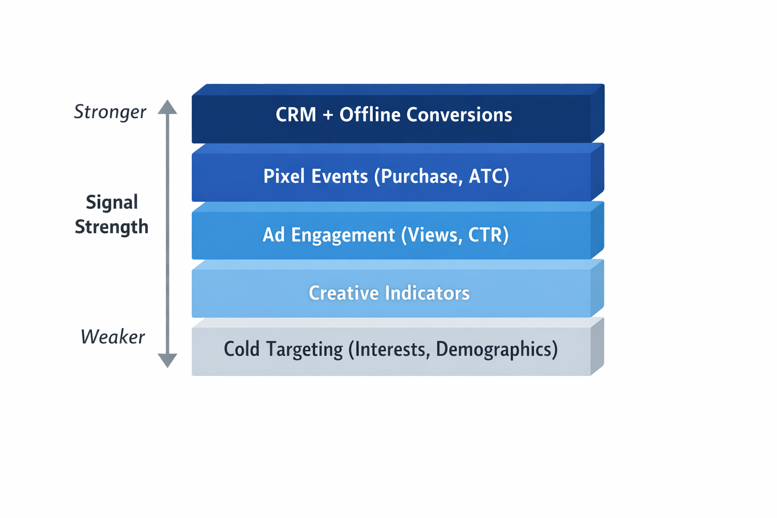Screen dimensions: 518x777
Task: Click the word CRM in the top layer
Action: [x=295, y=115]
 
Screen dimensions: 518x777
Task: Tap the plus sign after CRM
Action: [x=328, y=115]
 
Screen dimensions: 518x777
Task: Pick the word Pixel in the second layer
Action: [x=284, y=176]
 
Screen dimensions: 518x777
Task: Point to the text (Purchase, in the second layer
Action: [x=418, y=177]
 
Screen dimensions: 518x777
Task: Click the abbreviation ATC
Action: [x=489, y=176]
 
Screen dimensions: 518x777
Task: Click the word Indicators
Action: [x=427, y=293]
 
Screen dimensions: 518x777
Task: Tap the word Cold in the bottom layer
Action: [x=241, y=349]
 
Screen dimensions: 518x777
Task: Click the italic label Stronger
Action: [x=110, y=112]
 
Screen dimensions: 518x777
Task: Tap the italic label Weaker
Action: [x=112, y=337]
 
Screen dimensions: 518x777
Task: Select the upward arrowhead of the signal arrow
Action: [x=167, y=107]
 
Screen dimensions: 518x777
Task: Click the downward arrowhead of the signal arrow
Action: [x=167, y=360]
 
